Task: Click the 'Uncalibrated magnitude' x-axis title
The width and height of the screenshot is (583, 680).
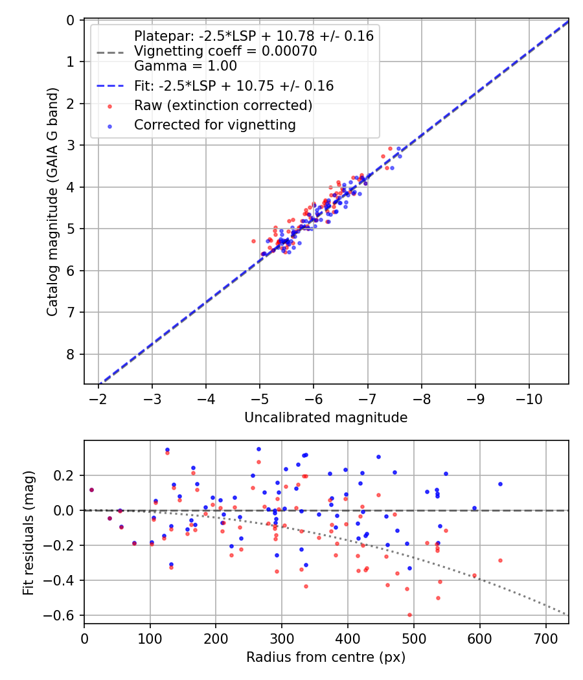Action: [x=326, y=418]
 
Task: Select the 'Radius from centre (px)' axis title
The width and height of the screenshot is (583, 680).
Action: [x=326, y=657]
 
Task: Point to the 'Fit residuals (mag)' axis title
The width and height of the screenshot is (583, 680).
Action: [x=28, y=532]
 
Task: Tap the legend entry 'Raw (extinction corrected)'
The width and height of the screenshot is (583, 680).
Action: [x=223, y=106]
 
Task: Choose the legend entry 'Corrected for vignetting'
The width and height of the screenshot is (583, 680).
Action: [x=214, y=125]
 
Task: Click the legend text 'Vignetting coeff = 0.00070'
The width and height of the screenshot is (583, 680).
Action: [x=225, y=51]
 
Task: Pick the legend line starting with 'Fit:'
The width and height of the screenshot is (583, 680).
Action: [x=234, y=85]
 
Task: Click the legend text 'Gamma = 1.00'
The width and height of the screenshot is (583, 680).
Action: [x=185, y=66]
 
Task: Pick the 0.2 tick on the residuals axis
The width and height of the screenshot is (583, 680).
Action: [x=67, y=476]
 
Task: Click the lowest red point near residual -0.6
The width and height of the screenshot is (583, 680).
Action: [x=409, y=615]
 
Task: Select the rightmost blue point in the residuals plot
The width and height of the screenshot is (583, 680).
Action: [x=500, y=484]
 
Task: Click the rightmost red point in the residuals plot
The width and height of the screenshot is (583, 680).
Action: [x=500, y=560]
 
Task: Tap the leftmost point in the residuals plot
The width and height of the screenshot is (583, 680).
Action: [x=91, y=490]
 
